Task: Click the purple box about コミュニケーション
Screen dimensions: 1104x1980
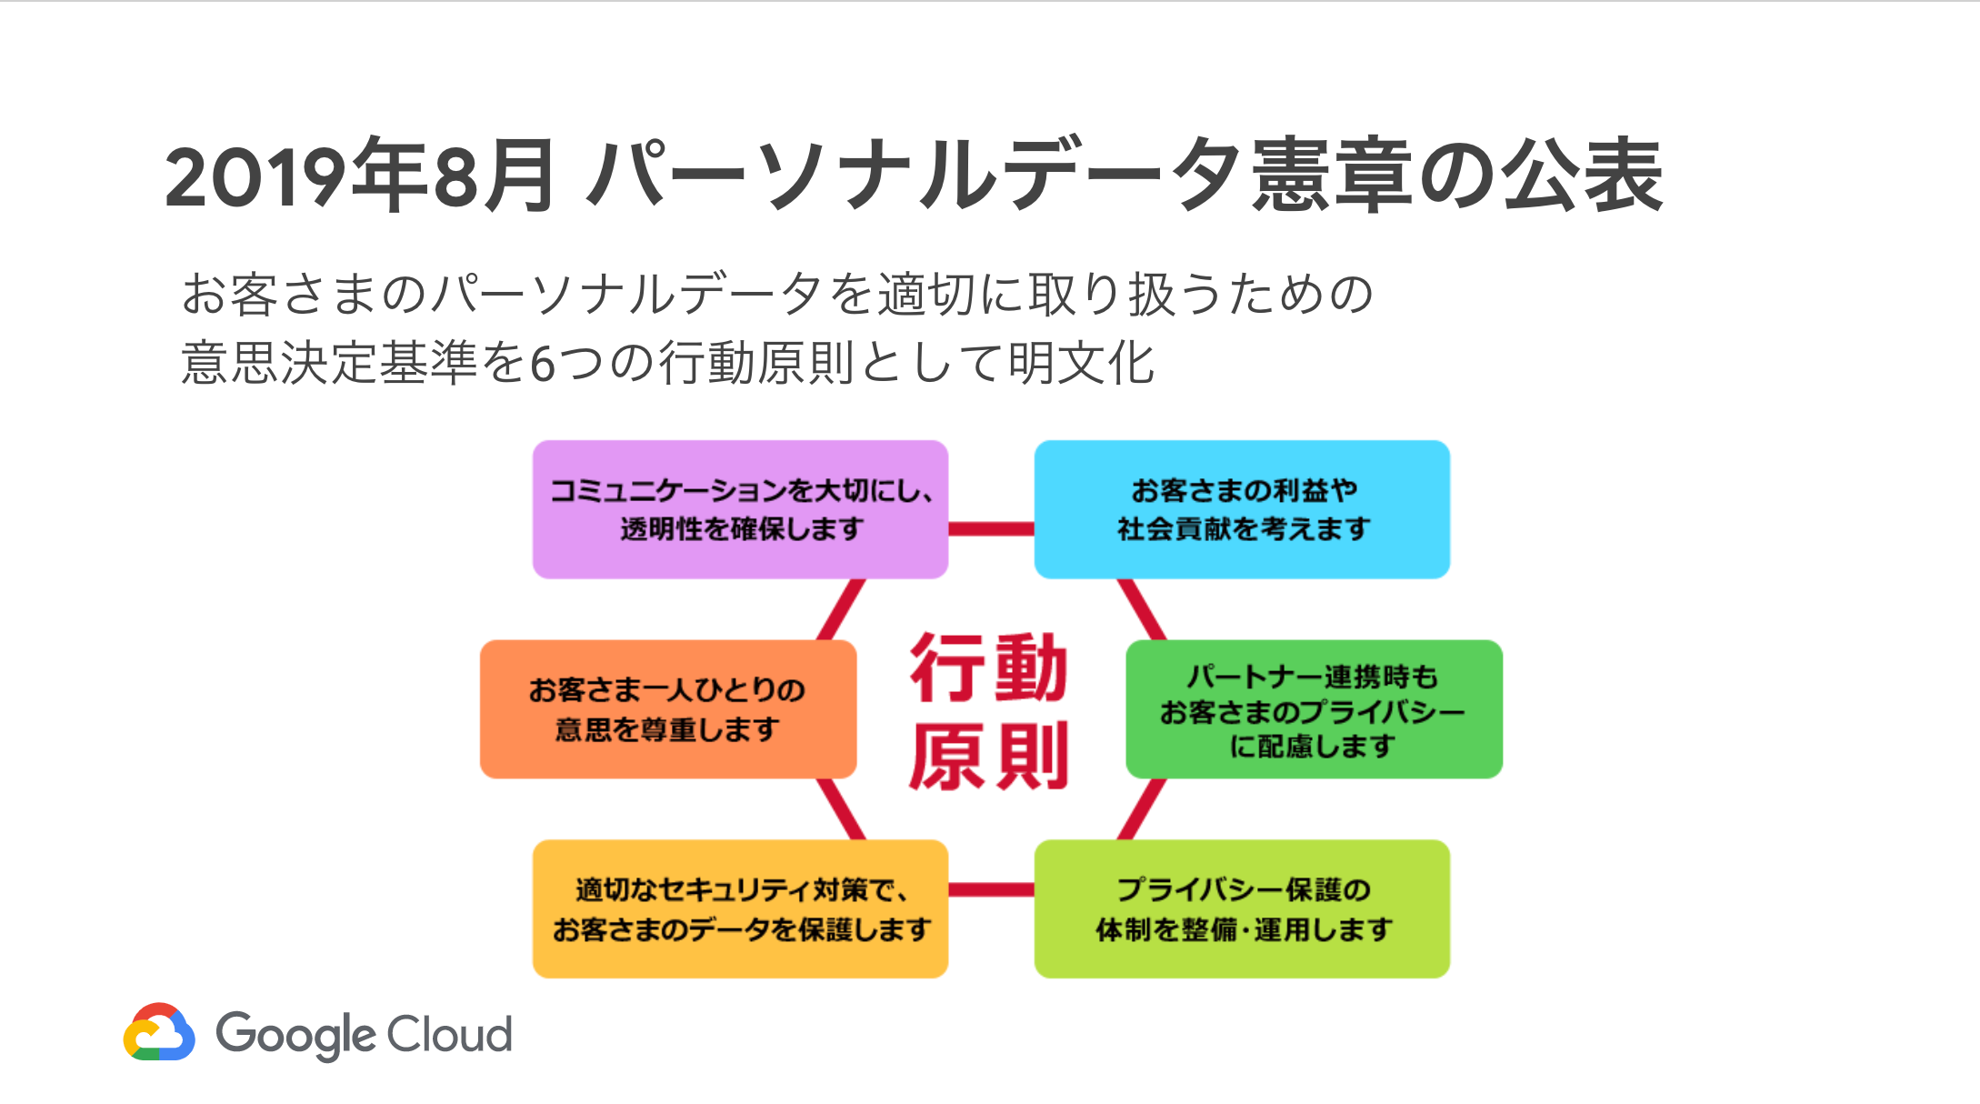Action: pos(740,509)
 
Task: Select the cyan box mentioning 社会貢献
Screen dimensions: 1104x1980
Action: pos(1242,509)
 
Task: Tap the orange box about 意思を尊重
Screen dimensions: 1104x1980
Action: pos(668,708)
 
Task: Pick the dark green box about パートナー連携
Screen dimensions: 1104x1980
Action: pos(1314,708)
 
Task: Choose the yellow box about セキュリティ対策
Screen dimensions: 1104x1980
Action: pos(740,908)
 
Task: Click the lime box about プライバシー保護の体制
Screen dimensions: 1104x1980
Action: pos(1242,908)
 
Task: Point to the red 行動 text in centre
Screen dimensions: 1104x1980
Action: pos(989,668)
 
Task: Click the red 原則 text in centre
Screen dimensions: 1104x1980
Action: pos(989,757)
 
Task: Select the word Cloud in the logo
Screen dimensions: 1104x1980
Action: pos(449,1034)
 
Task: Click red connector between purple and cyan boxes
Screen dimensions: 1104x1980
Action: pos(991,528)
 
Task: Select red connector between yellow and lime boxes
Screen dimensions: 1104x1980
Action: pos(991,888)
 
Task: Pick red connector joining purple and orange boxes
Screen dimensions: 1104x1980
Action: pos(841,609)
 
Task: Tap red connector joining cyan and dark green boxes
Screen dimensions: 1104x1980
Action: pos(1142,609)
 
